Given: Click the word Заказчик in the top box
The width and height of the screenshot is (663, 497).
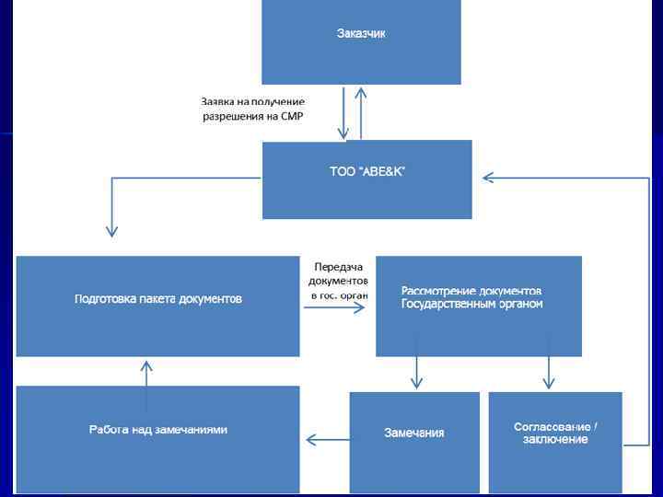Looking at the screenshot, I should (x=361, y=34).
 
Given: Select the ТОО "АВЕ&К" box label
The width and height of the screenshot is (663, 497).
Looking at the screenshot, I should (x=366, y=171).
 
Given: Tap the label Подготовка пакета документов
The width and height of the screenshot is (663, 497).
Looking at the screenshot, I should (x=158, y=299).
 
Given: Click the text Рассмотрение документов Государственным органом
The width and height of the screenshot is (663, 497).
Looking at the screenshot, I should (x=471, y=297).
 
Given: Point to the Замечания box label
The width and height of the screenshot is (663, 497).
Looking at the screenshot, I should (x=414, y=433).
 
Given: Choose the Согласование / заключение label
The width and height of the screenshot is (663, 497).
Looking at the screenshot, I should (x=555, y=433).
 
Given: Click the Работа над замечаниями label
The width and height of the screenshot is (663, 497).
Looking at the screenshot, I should (x=158, y=430).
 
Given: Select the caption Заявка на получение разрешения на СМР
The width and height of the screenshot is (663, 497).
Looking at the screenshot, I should (x=253, y=109).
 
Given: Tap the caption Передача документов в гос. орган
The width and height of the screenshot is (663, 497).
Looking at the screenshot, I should (x=338, y=280).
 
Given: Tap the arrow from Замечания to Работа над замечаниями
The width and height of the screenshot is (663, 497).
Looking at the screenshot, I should (x=327, y=441).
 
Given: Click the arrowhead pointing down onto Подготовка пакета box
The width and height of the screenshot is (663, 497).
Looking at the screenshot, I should (x=112, y=229).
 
